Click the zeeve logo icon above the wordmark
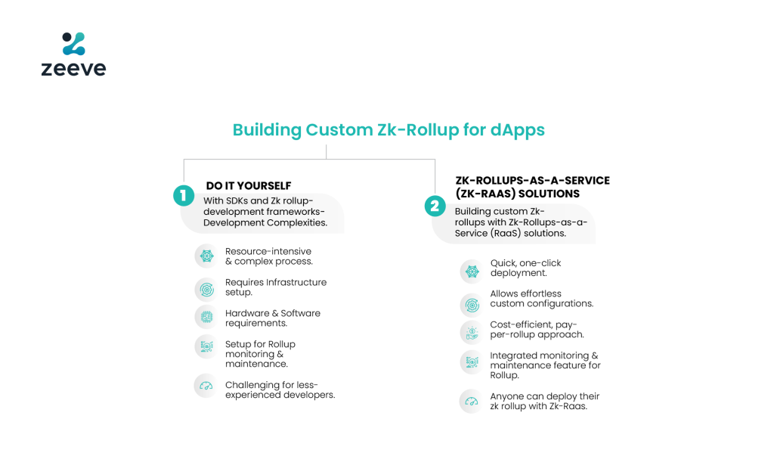tap(74, 43)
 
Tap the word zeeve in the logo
tap(73, 69)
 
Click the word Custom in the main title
tap(339, 130)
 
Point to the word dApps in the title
tap(517, 130)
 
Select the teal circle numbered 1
tap(183, 196)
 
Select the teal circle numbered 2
tap(435, 206)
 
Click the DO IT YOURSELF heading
tap(248, 186)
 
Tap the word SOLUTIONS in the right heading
tap(549, 194)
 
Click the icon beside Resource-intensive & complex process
tap(207, 256)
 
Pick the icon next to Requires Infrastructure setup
tap(207, 290)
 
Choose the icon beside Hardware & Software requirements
tap(207, 317)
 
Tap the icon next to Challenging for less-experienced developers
tap(206, 386)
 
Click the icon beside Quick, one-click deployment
tap(472, 271)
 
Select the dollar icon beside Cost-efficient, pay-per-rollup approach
tap(472, 333)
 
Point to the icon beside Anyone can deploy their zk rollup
tap(472, 401)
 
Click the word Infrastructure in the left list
tap(296, 282)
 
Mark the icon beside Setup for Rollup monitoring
tap(207, 346)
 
